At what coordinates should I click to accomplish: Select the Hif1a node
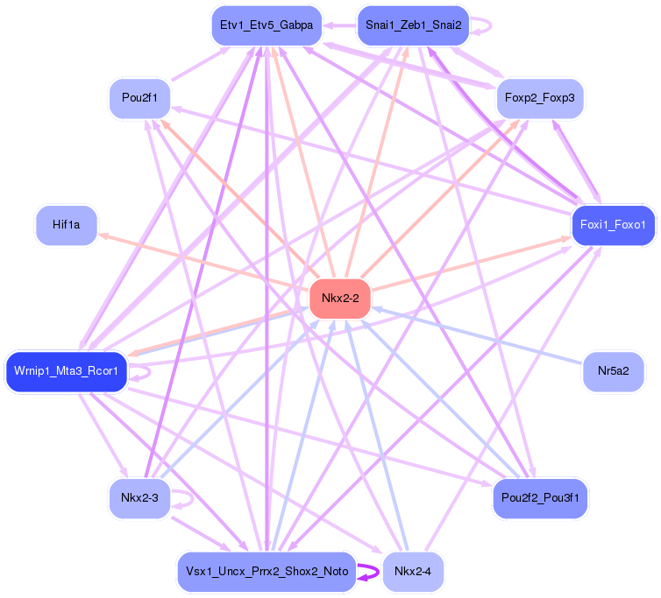67,225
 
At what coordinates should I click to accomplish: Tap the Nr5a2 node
614,371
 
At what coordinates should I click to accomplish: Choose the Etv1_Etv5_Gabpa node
267,25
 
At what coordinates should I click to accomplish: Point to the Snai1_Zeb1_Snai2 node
413,25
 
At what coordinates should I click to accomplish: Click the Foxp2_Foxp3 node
540,98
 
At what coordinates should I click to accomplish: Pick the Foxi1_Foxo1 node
613,225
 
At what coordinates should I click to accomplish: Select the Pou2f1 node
139,98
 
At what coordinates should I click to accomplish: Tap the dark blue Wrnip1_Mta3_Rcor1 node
67,371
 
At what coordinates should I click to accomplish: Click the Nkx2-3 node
139,498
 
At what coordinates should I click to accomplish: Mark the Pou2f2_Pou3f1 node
540,498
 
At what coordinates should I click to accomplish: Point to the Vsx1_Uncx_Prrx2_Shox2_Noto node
267,572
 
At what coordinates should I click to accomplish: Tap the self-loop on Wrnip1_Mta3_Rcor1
146,371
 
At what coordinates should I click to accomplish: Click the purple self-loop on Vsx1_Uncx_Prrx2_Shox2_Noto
372,572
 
